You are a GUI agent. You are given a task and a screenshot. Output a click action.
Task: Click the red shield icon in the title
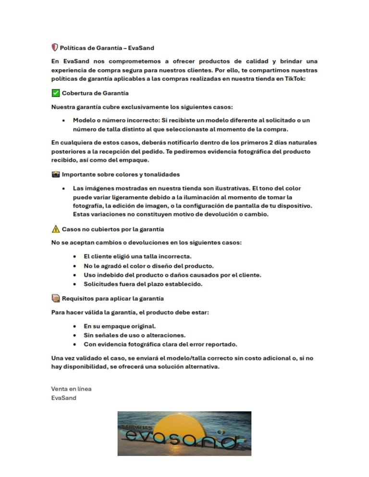pos(55,48)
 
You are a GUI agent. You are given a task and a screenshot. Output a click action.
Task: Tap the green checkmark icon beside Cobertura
pos(55,93)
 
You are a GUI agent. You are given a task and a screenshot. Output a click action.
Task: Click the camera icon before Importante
pos(55,174)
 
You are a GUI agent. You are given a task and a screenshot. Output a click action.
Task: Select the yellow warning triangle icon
pos(55,229)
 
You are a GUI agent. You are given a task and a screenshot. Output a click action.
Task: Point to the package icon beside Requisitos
pos(55,298)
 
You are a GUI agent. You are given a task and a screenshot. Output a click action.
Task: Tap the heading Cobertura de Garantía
pos(95,93)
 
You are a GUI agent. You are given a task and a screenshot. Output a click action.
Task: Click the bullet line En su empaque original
pos(120,326)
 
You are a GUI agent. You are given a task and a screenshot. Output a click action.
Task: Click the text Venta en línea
pos(71,389)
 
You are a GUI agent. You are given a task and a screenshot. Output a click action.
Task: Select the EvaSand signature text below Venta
pos(63,398)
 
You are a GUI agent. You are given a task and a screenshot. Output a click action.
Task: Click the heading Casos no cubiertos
pos(113,229)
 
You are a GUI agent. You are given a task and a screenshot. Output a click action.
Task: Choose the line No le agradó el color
pos(148,266)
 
